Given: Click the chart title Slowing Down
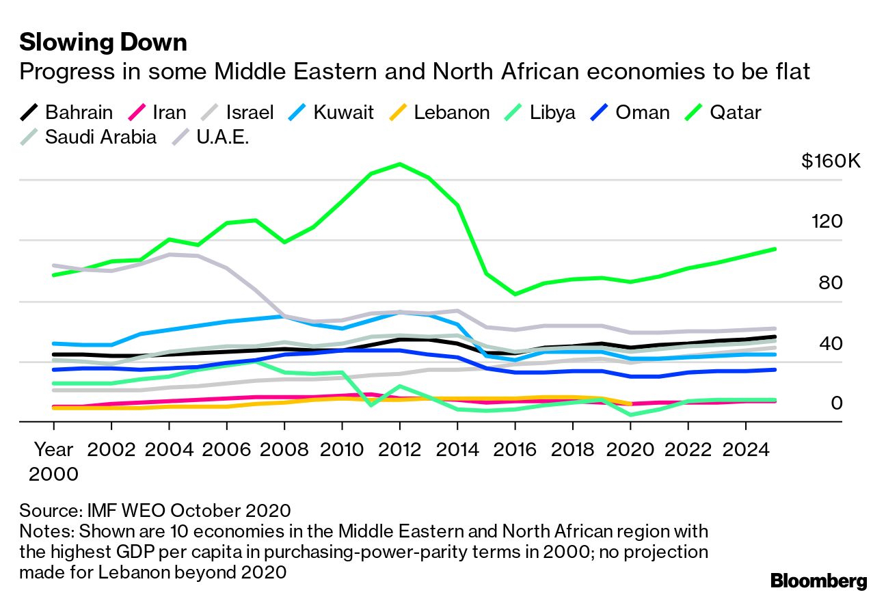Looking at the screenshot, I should [103, 42].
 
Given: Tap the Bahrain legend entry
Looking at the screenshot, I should [66, 112].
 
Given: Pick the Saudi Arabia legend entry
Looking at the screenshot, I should [88, 136].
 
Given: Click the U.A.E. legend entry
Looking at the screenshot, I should [209, 136].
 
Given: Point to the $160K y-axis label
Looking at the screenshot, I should [831, 161].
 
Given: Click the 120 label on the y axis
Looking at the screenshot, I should [827, 222].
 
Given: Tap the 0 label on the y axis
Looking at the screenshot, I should [837, 403].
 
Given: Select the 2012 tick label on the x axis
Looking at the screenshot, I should [399, 450].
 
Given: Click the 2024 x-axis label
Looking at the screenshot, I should [746, 450].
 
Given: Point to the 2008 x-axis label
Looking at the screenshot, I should [284, 450].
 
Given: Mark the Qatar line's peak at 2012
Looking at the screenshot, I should [399, 164].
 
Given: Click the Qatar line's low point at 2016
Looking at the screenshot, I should [515, 294].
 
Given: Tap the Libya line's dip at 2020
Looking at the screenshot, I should [630, 414].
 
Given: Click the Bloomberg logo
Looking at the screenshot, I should [818, 581].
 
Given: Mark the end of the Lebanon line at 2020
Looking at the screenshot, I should [630, 404].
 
